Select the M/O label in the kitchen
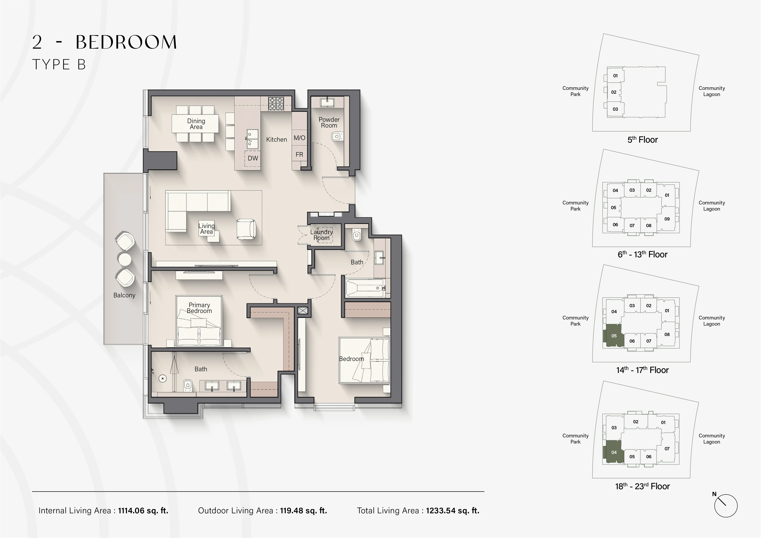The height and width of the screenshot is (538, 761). coord(299,138)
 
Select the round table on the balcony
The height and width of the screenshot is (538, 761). coord(125,259)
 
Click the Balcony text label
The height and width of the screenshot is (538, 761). coord(124,295)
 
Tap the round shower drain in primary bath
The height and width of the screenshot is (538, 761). coord(162,378)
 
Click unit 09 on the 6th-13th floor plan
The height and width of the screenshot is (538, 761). coord(667,219)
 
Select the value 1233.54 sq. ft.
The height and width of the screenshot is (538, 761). coord(452,511)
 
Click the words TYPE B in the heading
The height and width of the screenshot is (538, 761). coord(59,65)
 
